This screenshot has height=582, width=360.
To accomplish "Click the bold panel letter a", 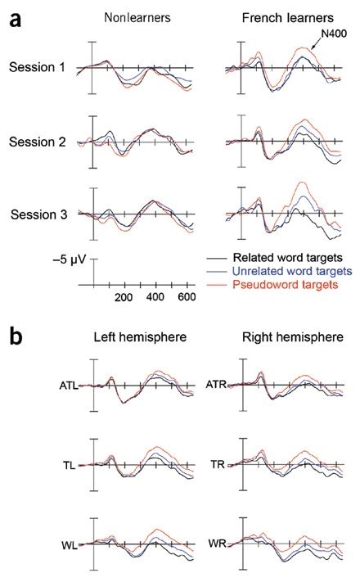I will click(x=16, y=20).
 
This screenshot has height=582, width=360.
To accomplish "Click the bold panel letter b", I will click(x=16, y=336).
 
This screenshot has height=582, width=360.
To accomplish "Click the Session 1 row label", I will click(x=37, y=66).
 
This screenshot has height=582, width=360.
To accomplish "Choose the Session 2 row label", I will click(x=37, y=141).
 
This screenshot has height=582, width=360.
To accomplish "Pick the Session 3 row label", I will click(x=39, y=214).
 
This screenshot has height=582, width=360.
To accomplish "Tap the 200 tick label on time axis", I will click(x=124, y=297).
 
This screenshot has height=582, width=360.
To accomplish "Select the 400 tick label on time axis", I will click(x=155, y=297).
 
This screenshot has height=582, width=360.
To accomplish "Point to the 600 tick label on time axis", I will click(x=186, y=297).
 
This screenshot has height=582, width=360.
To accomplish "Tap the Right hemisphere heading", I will click(x=283, y=336).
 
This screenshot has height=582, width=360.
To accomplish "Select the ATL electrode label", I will click(x=68, y=384).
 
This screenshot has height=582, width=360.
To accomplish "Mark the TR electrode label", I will click(x=216, y=463).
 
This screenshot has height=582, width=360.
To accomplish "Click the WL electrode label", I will click(x=69, y=544).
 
